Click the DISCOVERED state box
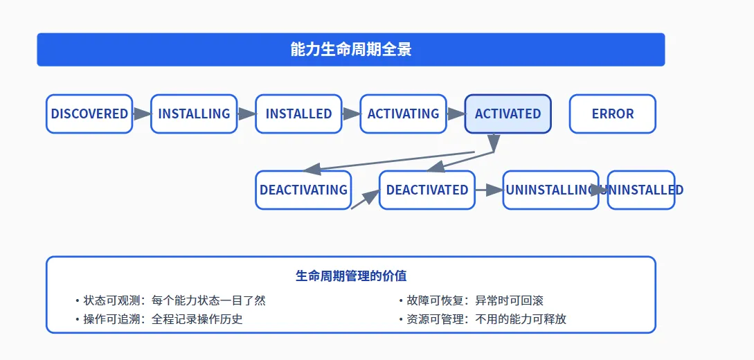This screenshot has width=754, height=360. click(x=89, y=114)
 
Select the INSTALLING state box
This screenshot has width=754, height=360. click(x=194, y=114)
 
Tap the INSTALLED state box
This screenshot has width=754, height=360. click(x=298, y=114)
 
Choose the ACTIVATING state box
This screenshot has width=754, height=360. click(x=404, y=114)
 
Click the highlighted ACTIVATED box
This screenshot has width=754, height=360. click(x=508, y=114)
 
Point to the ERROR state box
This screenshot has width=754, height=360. click(x=613, y=114)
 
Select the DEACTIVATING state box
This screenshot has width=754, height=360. click(x=303, y=190)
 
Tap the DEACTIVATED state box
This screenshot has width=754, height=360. click(x=427, y=190)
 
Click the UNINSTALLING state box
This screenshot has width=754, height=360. click(x=551, y=190)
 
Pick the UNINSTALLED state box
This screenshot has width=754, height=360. click(x=641, y=190)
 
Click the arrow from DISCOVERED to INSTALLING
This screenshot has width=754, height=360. click(x=142, y=114)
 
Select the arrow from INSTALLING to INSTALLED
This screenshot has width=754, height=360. click(x=246, y=114)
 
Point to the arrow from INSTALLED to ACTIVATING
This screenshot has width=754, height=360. click(x=351, y=114)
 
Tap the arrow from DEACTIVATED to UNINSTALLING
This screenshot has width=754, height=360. click(x=489, y=190)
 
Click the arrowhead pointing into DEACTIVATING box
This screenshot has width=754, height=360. click(x=312, y=168)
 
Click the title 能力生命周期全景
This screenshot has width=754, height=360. click(x=351, y=50)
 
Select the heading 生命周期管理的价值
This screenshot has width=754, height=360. click(x=351, y=276)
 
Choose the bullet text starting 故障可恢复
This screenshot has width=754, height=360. click(x=472, y=301)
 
